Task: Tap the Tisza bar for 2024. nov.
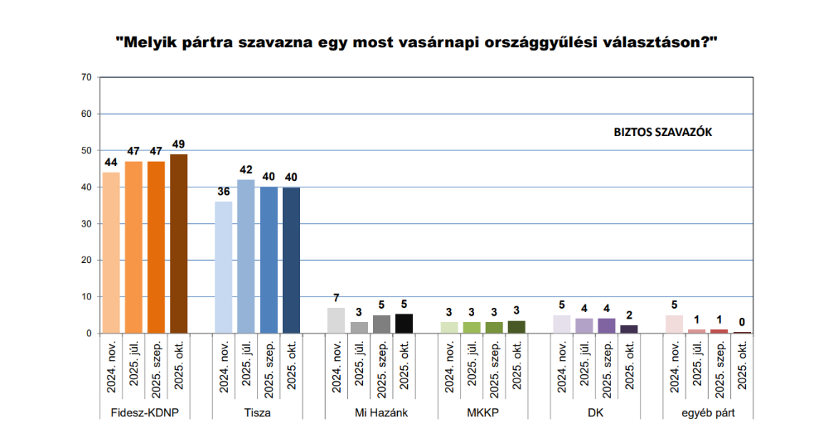(x=224, y=266)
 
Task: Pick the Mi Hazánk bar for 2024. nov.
(x=336, y=320)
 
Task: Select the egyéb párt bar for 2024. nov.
(x=674, y=324)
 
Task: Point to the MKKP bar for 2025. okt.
(x=516, y=327)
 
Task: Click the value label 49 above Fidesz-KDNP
(x=178, y=144)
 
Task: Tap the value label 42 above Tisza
(x=246, y=170)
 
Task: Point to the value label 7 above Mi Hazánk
(x=336, y=298)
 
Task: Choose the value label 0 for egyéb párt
(x=742, y=323)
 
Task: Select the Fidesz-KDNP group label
(x=145, y=412)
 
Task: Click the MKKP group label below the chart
(x=482, y=412)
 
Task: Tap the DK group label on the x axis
(x=595, y=412)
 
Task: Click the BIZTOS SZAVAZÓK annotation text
(x=663, y=132)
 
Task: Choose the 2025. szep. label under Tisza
(x=269, y=368)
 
